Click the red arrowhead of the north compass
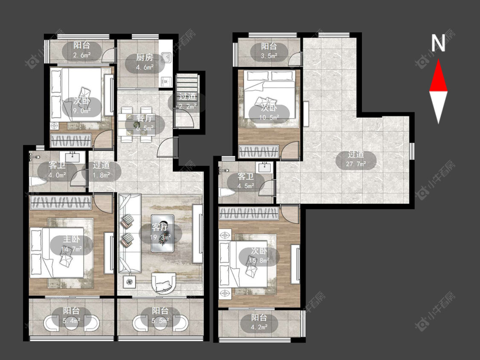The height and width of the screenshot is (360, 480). click(x=438, y=76)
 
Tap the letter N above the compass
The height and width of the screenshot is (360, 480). click(x=438, y=43)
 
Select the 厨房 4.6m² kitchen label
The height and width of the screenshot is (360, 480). click(x=145, y=62)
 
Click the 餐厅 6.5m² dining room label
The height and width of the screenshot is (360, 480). click(x=145, y=123)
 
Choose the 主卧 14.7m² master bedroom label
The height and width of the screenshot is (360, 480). click(x=71, y=244)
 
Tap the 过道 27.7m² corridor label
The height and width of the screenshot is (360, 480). click(x=356, y=159)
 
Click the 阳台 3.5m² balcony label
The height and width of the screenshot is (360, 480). click(x=269, y=51)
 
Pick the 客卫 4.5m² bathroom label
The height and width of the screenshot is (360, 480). click(x=246, y=181)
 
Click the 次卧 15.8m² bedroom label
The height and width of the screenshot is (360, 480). click(x=259, y=255)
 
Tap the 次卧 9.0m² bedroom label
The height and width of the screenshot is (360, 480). click(x=82, y=105)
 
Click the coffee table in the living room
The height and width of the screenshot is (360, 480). click(x=163, y=233)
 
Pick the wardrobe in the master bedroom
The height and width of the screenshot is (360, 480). click(x=60, y=203)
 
